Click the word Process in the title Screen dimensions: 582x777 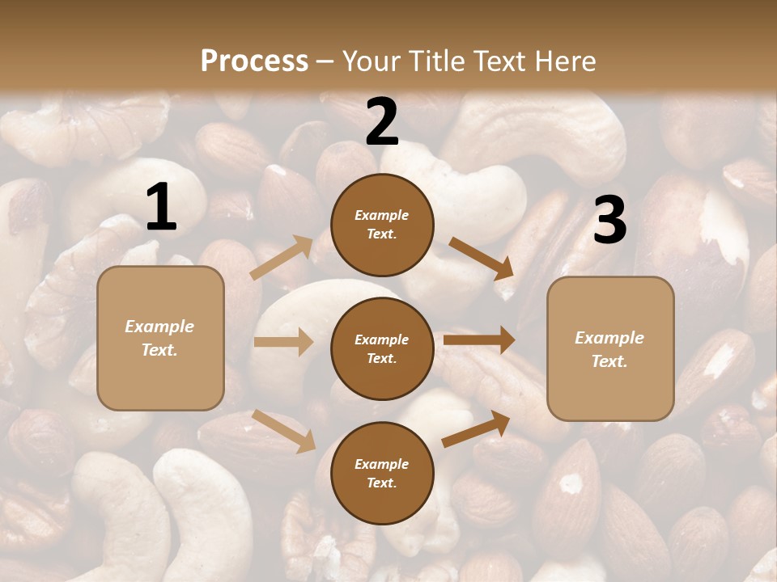tap(254, 61)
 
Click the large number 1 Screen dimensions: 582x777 tap(161, 207)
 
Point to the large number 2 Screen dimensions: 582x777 tap(382, 122)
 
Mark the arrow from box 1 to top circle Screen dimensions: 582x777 tap(282, 257)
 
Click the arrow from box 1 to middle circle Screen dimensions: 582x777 tap(283, 342)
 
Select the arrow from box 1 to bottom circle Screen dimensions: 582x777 tap(284, 430)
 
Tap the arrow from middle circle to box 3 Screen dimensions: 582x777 tap(479, 339)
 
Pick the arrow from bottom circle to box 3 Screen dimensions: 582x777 tap(476, 428)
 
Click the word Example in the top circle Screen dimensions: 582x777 tap(381, 215)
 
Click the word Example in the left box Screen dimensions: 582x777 tap(159, 327)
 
